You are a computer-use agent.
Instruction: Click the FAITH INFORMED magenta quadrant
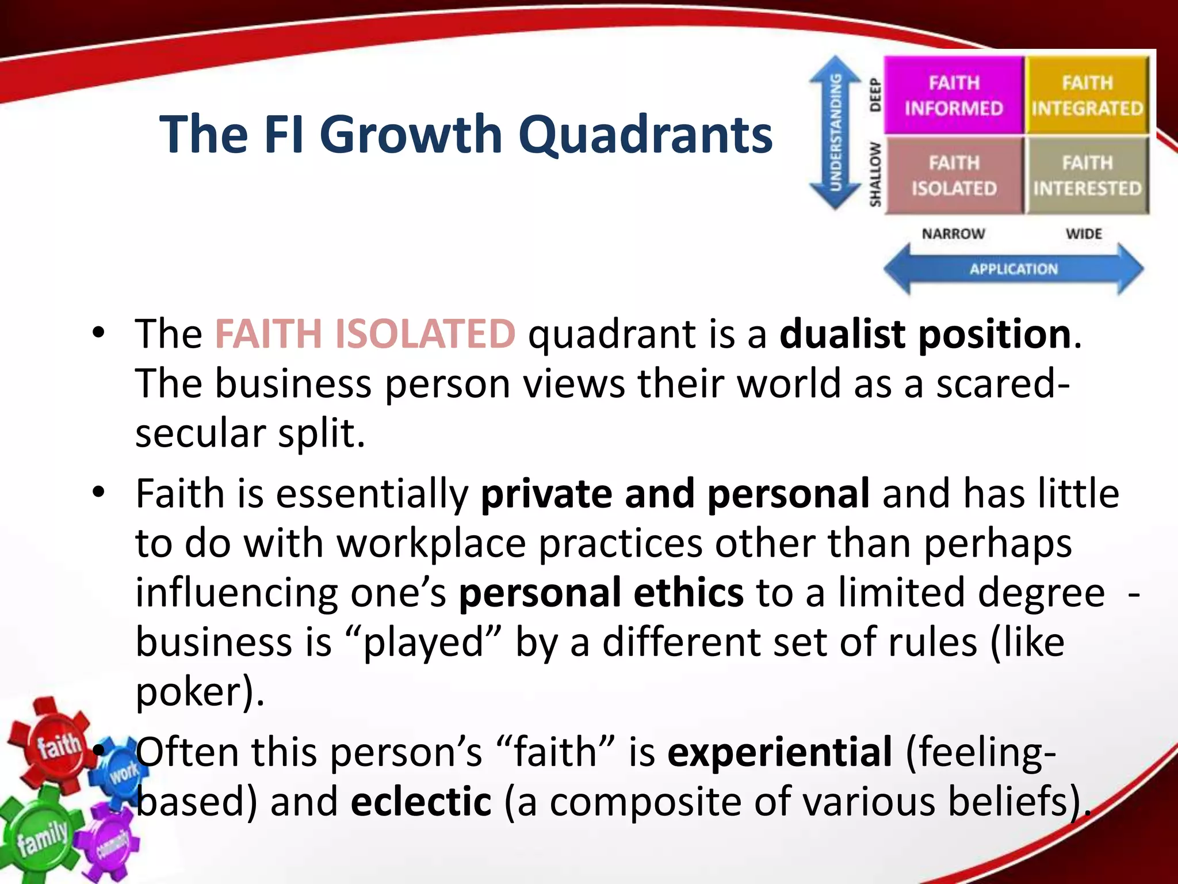[x=953, y=96]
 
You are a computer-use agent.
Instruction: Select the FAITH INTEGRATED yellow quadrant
[x=1087, y=96]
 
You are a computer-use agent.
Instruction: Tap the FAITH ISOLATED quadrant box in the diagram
[x=953, y=176]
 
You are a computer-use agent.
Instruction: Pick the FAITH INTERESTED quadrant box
[x=1087, y=176]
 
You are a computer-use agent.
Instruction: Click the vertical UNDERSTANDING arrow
[x=835, y=133]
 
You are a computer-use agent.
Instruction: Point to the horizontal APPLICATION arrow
[x=1013, y=269]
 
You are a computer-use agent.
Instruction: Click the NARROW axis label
[x=953, y=234]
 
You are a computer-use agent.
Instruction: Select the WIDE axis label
[x=1084, y=234]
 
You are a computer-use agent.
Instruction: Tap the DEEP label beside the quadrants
[x=875, y=96]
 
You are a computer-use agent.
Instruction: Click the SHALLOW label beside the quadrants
[x=875, y=174]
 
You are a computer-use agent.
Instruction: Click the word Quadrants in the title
[x=645, y=135]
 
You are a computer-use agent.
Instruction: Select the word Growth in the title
[x=411, y=135]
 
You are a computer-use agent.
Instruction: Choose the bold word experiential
[x=779, y=752]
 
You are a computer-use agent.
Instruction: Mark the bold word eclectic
[x=421, y=802]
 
